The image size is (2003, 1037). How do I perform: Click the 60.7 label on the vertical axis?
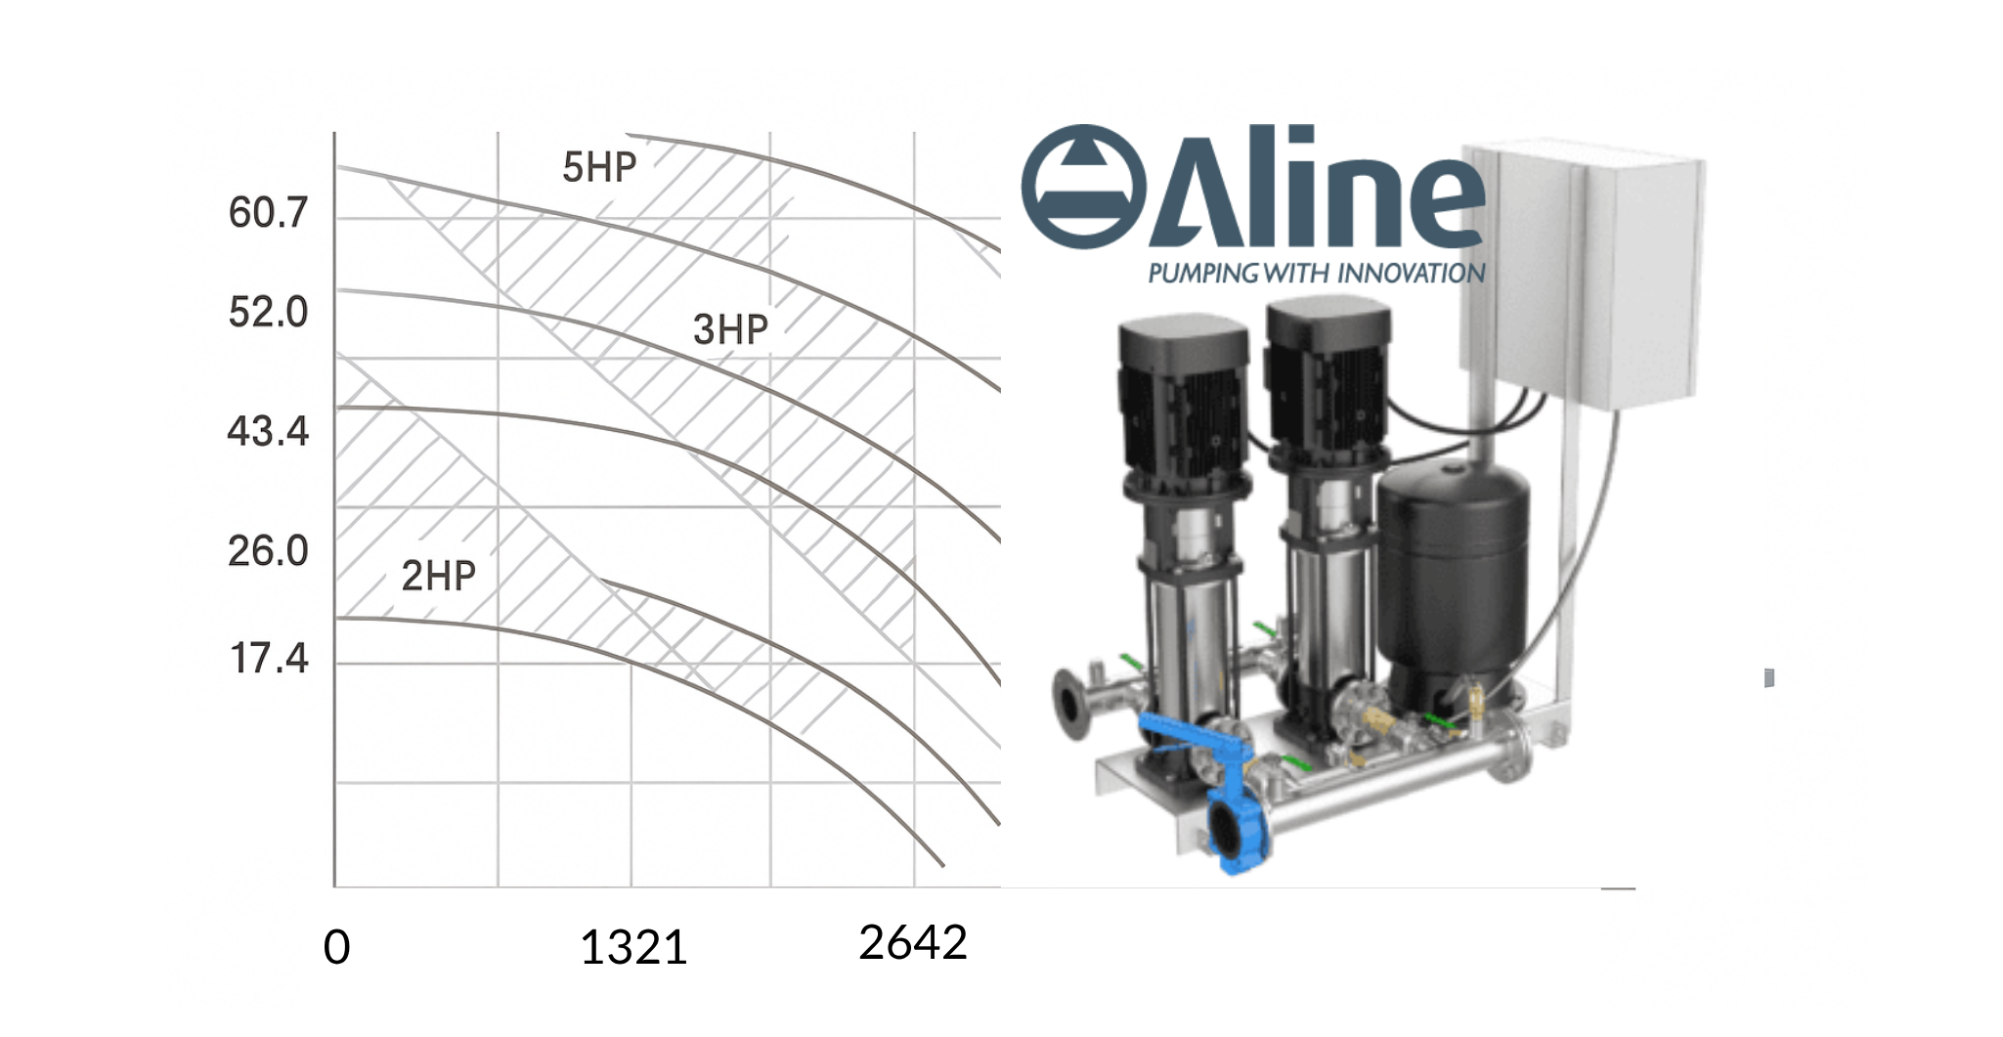click(268, 213)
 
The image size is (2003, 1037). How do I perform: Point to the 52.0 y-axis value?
click(268, 313)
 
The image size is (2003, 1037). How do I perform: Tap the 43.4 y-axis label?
click(268, 432)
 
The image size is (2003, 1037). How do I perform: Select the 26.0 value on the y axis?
click(268, 552)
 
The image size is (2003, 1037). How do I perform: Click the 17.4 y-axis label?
click(269, 660)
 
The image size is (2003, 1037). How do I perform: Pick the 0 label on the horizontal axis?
click(336, 947)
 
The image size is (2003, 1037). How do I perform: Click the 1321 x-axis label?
click(633, 947)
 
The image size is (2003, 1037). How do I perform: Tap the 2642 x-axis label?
click(913, 943)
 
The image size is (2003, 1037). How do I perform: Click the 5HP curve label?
click(599, 168)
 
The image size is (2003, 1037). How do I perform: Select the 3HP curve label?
click(730, 330)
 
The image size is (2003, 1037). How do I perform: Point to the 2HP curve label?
click(438, 577)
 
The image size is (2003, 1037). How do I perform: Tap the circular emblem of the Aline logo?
click(1083, 187)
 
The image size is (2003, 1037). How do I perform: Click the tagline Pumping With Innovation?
click(1316, 274)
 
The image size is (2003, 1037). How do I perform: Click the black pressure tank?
click(1452, 577)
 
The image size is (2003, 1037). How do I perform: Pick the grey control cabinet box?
click(1584, 274)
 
